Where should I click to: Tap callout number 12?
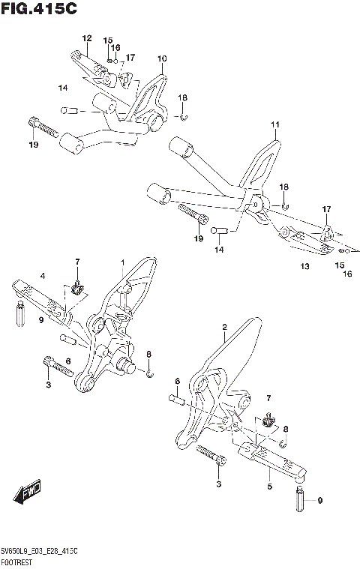tap(86, 37)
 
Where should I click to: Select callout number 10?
tap(161, 58)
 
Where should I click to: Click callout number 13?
tap(304, 266)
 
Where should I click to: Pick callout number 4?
tap(43, 277)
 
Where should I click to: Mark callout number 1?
tap(122, 262)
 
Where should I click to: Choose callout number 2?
tap(224, 328)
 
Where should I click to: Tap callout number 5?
tap(269, 487)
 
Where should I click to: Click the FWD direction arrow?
tap(28, 493)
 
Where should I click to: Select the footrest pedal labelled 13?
tap(304, 241)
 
